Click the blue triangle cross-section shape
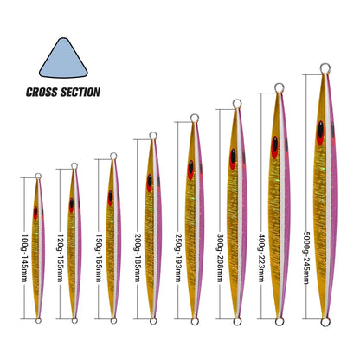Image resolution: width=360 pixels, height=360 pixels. pyautogui.click(x=63, y=60)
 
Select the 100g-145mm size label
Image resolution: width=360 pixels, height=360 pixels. pyautogui.click(x=25, y=258)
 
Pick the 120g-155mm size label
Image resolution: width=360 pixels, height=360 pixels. pyautogui.click(x=61, y=258)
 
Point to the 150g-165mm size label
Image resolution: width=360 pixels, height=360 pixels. pyautogui.click(x=100, y=258)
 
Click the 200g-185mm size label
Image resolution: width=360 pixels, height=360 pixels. pyautogui.click(x=138, y=258)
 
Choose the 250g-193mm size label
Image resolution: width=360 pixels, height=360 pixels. pyautogui.click(x=178, y=258)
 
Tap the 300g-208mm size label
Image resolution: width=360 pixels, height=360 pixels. pyautogui.click(x=220, y=258)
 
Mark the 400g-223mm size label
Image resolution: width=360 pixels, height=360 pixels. pyautogui.click(x=261, y=258)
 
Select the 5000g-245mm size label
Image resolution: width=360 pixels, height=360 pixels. pyautogui.click(x=306, y=258)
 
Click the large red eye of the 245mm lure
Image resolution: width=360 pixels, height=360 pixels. pyautogui.click(x=320, y=133)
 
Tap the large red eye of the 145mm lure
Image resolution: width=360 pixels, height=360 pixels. pyautogui.click(x=35, y=213)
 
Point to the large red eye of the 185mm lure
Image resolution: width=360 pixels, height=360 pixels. pyautogui.click(x=150, y=183)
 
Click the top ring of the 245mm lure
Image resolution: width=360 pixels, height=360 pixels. pyautogui.click(x=325, y=68)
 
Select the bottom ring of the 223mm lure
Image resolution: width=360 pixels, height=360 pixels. pyautogui.click(x=280, y=321)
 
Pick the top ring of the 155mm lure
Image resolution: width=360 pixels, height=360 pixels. pyautogui.click(x=74, y=166)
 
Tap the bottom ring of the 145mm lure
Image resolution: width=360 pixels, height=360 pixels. pyautogui.click(x=38, y=320)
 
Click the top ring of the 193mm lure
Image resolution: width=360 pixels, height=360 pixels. pyautogui.click(x=195, y=118)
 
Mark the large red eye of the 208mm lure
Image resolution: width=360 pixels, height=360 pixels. pyautogui.click(x=233, y=159)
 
